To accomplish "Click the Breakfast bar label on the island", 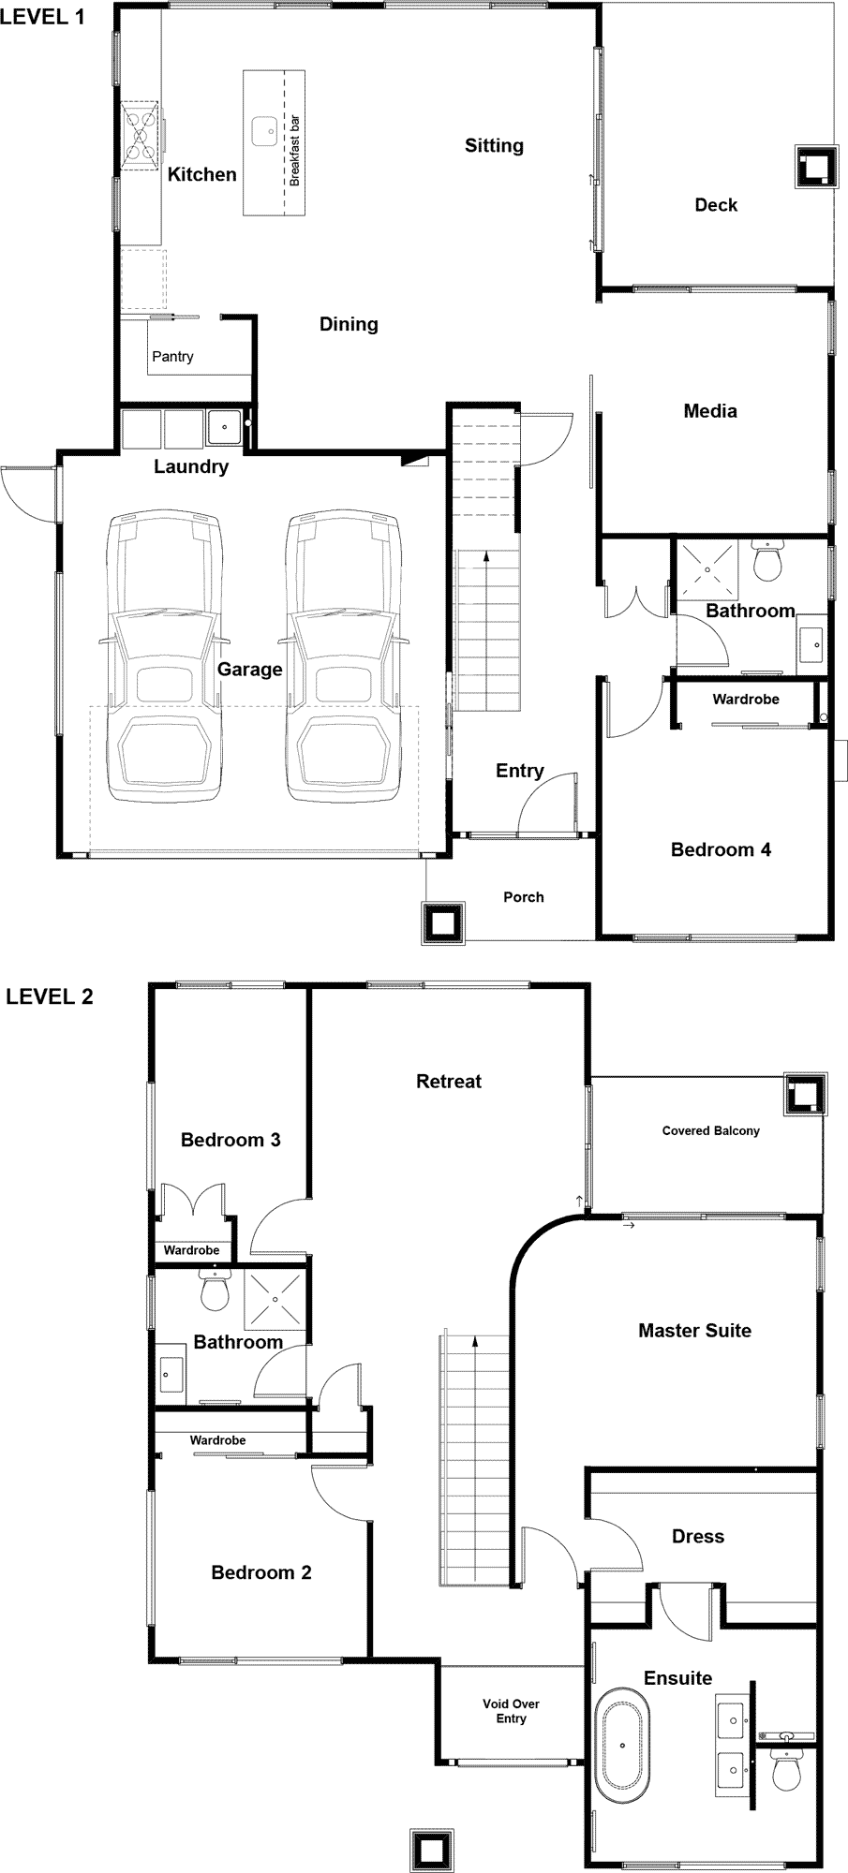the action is coord(294,150).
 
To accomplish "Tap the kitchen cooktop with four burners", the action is coord(140,137).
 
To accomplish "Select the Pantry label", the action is coord(172,357).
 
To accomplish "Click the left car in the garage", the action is coord(165,656).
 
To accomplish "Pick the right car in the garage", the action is coord(344,656).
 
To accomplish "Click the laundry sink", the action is coord(224,428).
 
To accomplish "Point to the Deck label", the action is coord(716,205).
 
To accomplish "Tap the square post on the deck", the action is coord(814,169).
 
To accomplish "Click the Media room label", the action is coord(710,410).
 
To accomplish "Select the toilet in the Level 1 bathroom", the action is coord(768,559).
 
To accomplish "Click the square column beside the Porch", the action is coord(442,923).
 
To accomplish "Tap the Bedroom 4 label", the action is coord(721,849).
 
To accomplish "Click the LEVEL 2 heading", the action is coord(50,995).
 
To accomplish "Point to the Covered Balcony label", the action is coord(710,1130).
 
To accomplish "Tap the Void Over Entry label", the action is coord(511,1711).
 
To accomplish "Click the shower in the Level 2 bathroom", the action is coord(275,1298).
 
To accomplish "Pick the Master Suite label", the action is coord(694,1330).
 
